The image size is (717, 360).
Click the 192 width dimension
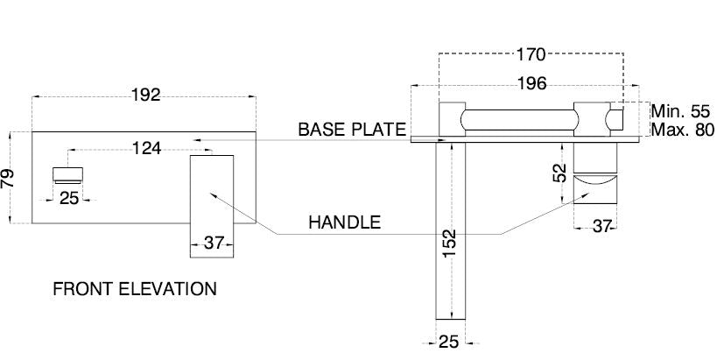146,95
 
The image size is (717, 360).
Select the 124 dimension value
146,149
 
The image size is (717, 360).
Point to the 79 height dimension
8,179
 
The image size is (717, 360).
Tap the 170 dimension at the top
531,55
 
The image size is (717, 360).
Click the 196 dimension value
531,84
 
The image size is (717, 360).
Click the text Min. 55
682,112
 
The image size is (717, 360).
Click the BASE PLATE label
352,130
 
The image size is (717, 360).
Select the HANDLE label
344,222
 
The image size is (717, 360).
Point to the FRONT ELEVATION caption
135,288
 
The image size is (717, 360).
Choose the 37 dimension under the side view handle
601,227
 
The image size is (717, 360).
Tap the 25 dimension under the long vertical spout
449,342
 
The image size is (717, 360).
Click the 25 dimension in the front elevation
70,199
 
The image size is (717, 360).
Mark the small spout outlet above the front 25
70,173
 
